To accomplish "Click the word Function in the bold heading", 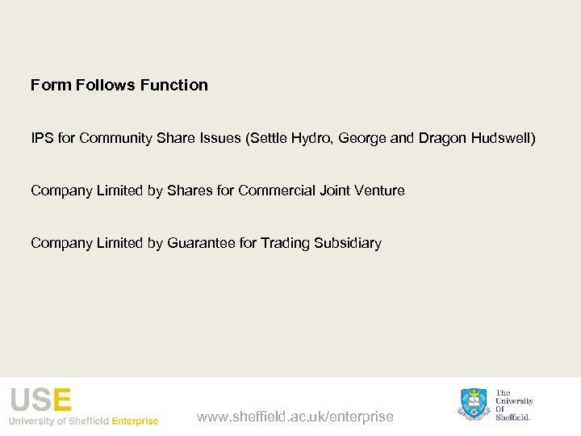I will [174, 85].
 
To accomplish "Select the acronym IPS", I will [42, 138].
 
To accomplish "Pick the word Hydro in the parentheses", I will [311, 138].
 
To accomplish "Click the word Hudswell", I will [501, 138].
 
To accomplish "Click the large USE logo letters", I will [40, 400].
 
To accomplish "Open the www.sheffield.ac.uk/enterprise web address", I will [295, 417].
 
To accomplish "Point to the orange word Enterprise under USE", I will [135, 421].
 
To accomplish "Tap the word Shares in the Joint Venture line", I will [188, 191].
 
